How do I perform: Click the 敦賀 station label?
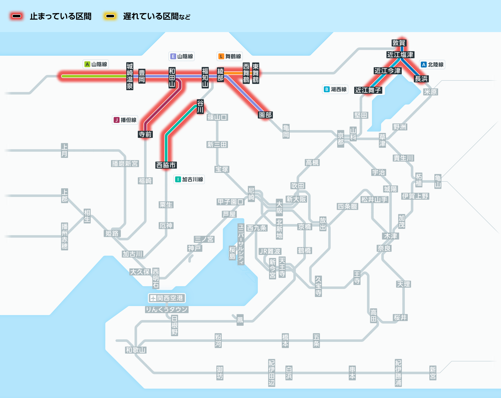(x=399, y=43)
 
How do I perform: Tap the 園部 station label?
(x=265, y=115)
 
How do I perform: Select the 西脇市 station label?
(x=166, y=165)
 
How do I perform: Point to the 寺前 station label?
(x=145, y=134)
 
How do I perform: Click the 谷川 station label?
(x=200, y=107)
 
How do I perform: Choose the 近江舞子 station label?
(x=368, y=90)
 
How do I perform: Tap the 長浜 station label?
(x=421, y=79)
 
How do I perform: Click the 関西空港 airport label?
(x=167, y=298)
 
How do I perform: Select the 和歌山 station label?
(x=136, y=350)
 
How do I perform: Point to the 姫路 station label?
(x=112, y=233)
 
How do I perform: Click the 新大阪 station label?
(x=296, y=199)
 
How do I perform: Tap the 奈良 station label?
(x=384, y=248)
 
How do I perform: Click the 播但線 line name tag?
(x=125, y=120)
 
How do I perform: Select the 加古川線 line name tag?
(x=189, y=179)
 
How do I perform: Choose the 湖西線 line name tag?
(x=335, y=89)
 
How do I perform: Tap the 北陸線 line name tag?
(x=432, y=65)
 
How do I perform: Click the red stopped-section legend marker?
(x=17, y=16)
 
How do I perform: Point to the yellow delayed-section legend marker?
(x=110, y=16)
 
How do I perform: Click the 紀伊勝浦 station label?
(x=398, y=373)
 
